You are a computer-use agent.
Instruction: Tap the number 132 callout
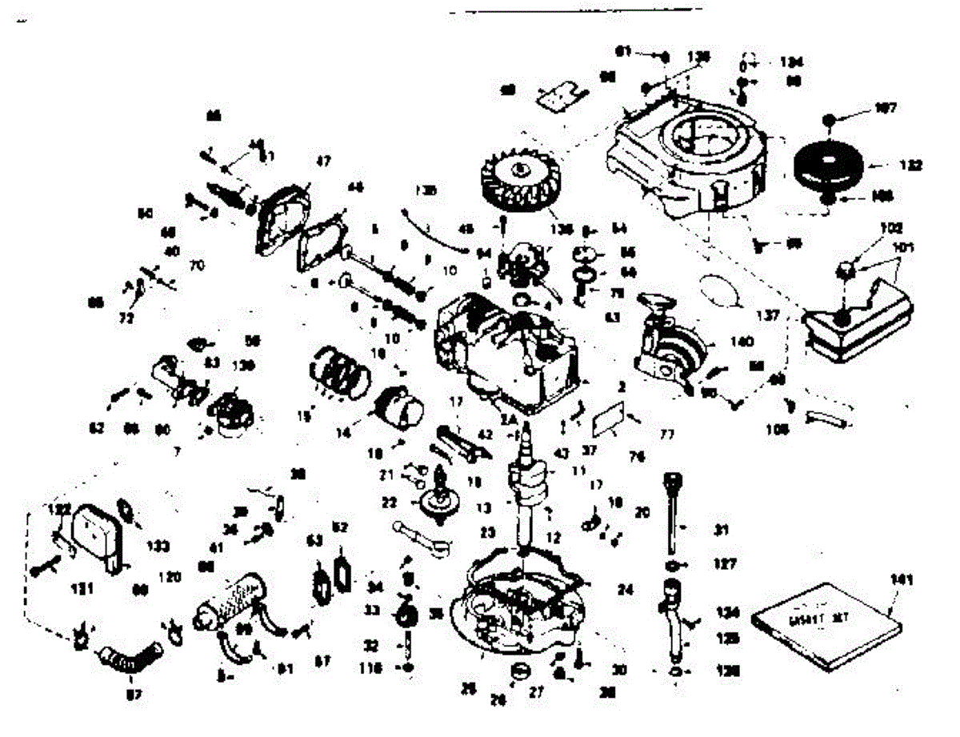pyautogui.click(x=910, y=166)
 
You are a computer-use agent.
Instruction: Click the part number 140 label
pyautogui.click(x=741, y=342)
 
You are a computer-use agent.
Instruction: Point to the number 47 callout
pyautogui.click(x=322, y=162)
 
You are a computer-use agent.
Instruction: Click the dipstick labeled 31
pyautogui.click(x=670, y=512)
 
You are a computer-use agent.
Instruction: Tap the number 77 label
pyautogui.click(x=666, y=435)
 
